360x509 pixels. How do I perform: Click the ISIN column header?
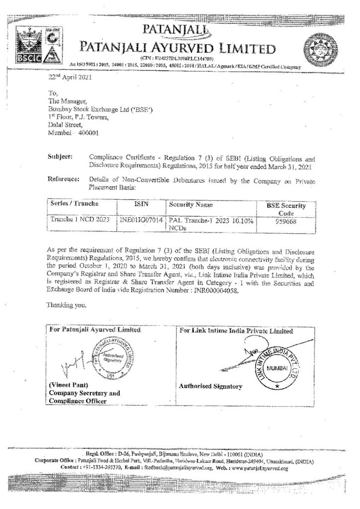[140, 204]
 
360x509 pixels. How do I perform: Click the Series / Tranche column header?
[75, 204]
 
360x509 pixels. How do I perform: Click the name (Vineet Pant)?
[67, 386]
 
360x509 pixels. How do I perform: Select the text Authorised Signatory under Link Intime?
[211, 386]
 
